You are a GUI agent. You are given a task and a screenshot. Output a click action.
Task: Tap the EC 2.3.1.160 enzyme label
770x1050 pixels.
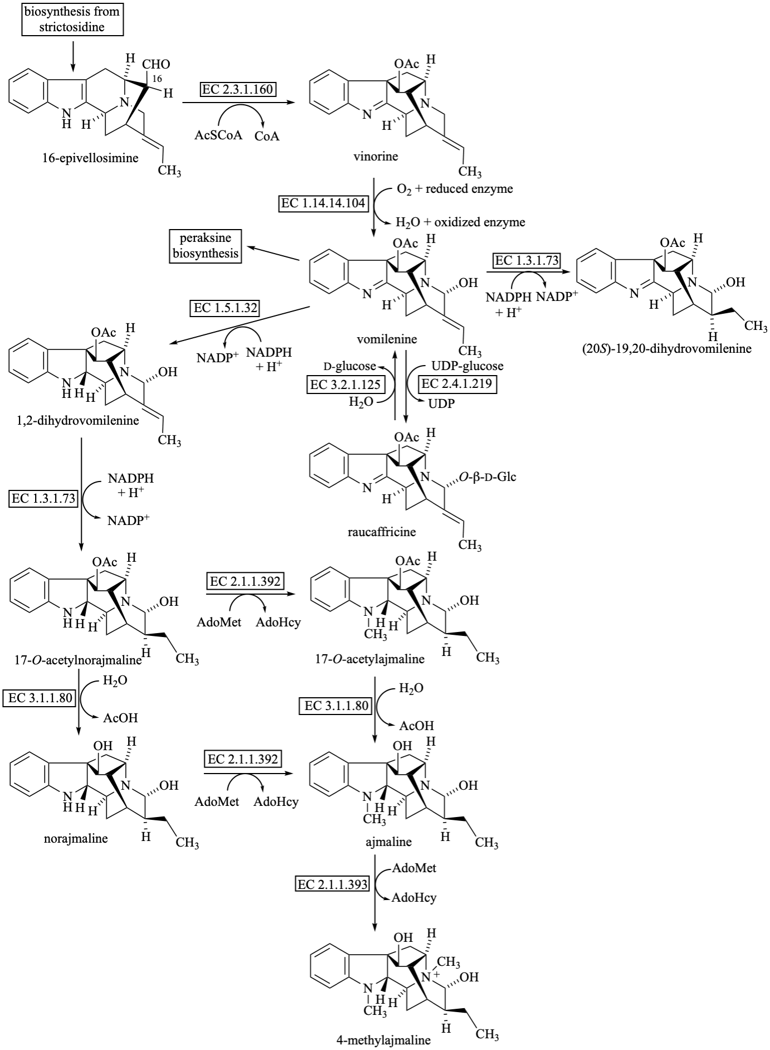click(238, 89)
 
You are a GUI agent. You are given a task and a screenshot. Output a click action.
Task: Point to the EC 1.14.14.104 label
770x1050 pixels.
click(324, 203)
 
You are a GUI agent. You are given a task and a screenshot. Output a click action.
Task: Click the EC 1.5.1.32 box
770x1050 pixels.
click(226, 308)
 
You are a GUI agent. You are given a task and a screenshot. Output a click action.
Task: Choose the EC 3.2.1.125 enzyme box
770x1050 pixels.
click(345, 384)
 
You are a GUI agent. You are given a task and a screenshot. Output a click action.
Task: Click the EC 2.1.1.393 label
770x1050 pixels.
click(333, 884)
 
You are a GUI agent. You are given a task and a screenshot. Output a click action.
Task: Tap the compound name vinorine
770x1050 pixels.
click(376, 156)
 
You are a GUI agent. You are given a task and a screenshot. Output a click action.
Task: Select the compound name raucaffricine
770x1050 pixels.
click(382, 531)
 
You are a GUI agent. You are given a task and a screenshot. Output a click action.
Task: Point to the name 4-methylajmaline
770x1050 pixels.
click(384, 1040)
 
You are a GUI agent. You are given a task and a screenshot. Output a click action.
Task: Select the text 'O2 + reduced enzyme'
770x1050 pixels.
click(455, 189)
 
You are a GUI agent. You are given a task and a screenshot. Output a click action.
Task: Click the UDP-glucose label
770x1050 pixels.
click(467, 366)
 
